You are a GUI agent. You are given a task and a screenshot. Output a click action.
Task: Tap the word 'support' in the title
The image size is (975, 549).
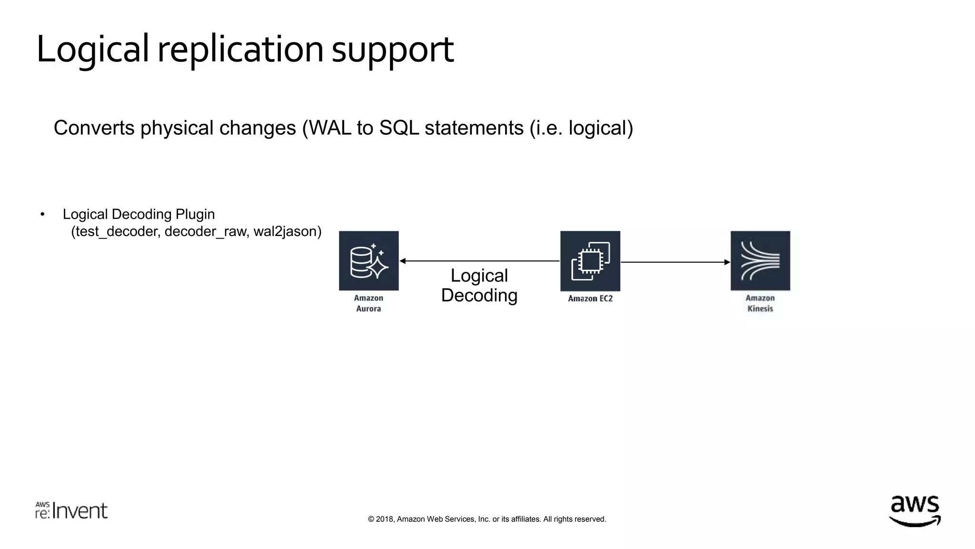pyautogui.click(x=392, y=51)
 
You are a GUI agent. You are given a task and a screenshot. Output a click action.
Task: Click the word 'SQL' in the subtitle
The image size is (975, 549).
pyautogui.click(x=399, y=128)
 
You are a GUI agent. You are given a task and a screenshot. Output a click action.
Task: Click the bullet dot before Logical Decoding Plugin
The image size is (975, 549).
pyautogui.click(x=42, y=214)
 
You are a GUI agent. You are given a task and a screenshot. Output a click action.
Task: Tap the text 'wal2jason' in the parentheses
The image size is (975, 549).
pyautogui.click(x=285, y=232)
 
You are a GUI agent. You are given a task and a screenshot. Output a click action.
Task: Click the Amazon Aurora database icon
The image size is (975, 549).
pyautogui.click(x=368, y=261)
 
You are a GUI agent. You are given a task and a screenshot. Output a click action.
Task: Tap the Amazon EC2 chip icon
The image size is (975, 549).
pyautogui.click(x=590, y=261)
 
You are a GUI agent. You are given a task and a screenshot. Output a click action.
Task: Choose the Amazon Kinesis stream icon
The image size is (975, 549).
pyautogui.click(x=760, y=261)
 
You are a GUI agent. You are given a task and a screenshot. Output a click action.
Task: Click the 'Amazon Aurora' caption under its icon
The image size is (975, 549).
pyautogui.click(x=368, y=303)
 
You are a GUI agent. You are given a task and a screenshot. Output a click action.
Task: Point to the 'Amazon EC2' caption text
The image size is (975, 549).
pyautogui.click(x=590, y=298)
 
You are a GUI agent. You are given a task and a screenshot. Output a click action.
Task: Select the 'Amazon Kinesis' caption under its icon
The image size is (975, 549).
pyautogui.click(x=760, y=303)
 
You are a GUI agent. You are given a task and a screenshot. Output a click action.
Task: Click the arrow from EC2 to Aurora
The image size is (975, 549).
pyautogui.click(x=479, y=261)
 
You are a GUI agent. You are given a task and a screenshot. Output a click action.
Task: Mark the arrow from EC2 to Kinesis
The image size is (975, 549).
pyautogui.click(x=675, y=262)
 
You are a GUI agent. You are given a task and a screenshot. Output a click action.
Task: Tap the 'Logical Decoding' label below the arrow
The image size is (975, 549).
pyautogui.click(x=479, y=285)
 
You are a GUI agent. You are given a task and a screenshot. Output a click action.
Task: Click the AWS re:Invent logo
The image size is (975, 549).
pyautogui.click(x=71, y=510)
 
